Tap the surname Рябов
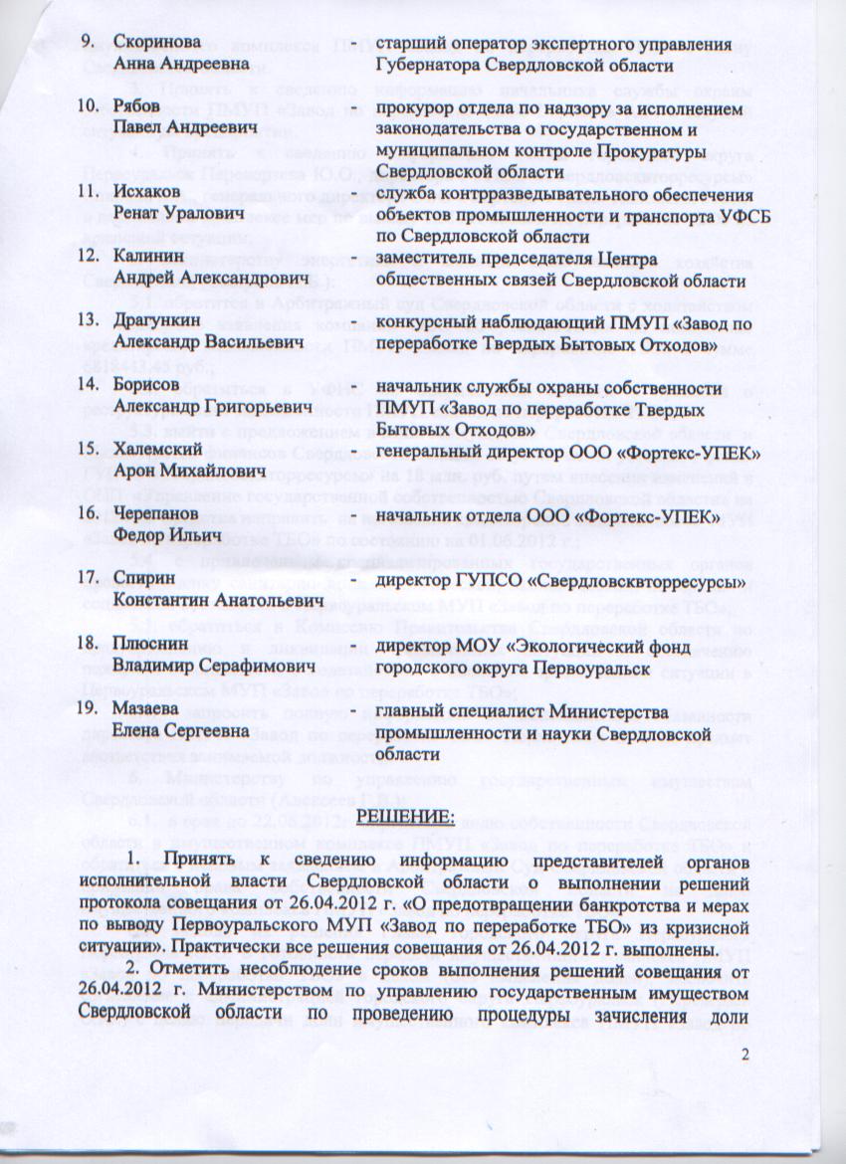135,106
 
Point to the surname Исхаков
145,191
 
